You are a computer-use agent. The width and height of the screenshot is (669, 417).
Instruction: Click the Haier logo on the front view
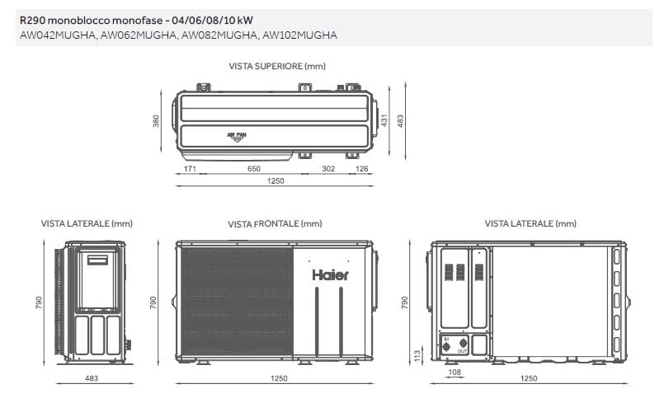[x=330, y=275]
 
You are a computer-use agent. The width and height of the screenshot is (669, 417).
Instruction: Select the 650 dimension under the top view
[x=254, y=168]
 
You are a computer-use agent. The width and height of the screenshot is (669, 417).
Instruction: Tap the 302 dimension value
[x=328, y=168]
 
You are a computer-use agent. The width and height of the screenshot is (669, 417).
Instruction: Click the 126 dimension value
[x=361, y=168]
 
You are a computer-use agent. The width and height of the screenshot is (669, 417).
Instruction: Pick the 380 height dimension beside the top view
[x=155, y=121]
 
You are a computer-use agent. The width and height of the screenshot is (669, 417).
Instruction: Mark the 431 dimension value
[x=384, y=120]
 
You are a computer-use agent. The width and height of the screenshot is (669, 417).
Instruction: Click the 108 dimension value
[x=453, y=372]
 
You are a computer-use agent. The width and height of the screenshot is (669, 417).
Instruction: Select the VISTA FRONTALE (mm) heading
[x=275, y=223]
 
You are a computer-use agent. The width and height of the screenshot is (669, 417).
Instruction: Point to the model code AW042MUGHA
[x=56, y=35]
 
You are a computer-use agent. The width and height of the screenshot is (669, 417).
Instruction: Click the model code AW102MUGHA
[x=299, y=35]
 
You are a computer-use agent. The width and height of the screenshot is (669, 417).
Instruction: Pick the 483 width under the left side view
[x=92, y=378]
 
